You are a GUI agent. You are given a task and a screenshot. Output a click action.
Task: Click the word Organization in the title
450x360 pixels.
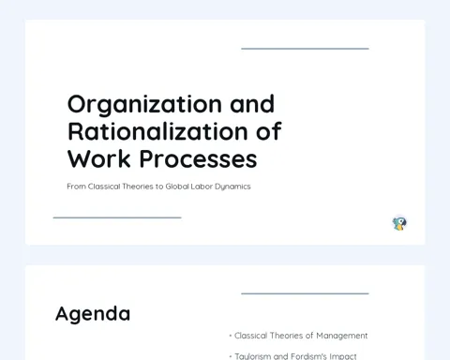[x=144, y=105]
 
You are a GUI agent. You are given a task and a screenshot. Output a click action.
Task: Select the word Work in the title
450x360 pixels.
[x=98, y=158]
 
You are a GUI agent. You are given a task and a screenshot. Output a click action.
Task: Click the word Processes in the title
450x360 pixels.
[x=198, y=158]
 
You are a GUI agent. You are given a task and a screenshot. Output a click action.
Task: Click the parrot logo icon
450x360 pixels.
[x=399, y=224]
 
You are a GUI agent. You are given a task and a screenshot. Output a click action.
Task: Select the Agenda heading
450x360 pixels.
[x=93, y=314]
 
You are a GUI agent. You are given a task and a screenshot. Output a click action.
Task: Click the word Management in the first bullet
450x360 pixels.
[x=342, y=336]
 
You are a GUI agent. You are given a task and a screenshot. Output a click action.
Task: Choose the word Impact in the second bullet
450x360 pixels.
[x=343, y=356]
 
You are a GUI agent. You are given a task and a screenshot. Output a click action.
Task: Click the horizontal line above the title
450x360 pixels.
[x=305, y=49]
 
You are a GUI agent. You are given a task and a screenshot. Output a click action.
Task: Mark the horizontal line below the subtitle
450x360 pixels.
[x=117, y=217]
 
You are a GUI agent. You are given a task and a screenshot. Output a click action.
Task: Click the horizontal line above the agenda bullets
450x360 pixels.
[x=305, y=293]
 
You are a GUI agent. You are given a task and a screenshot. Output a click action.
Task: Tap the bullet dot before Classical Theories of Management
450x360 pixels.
[x=231, y=336]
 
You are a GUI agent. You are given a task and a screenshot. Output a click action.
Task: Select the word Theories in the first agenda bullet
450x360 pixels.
[x=287, y=336]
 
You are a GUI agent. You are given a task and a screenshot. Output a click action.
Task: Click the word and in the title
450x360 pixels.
[x=252, y=104]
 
